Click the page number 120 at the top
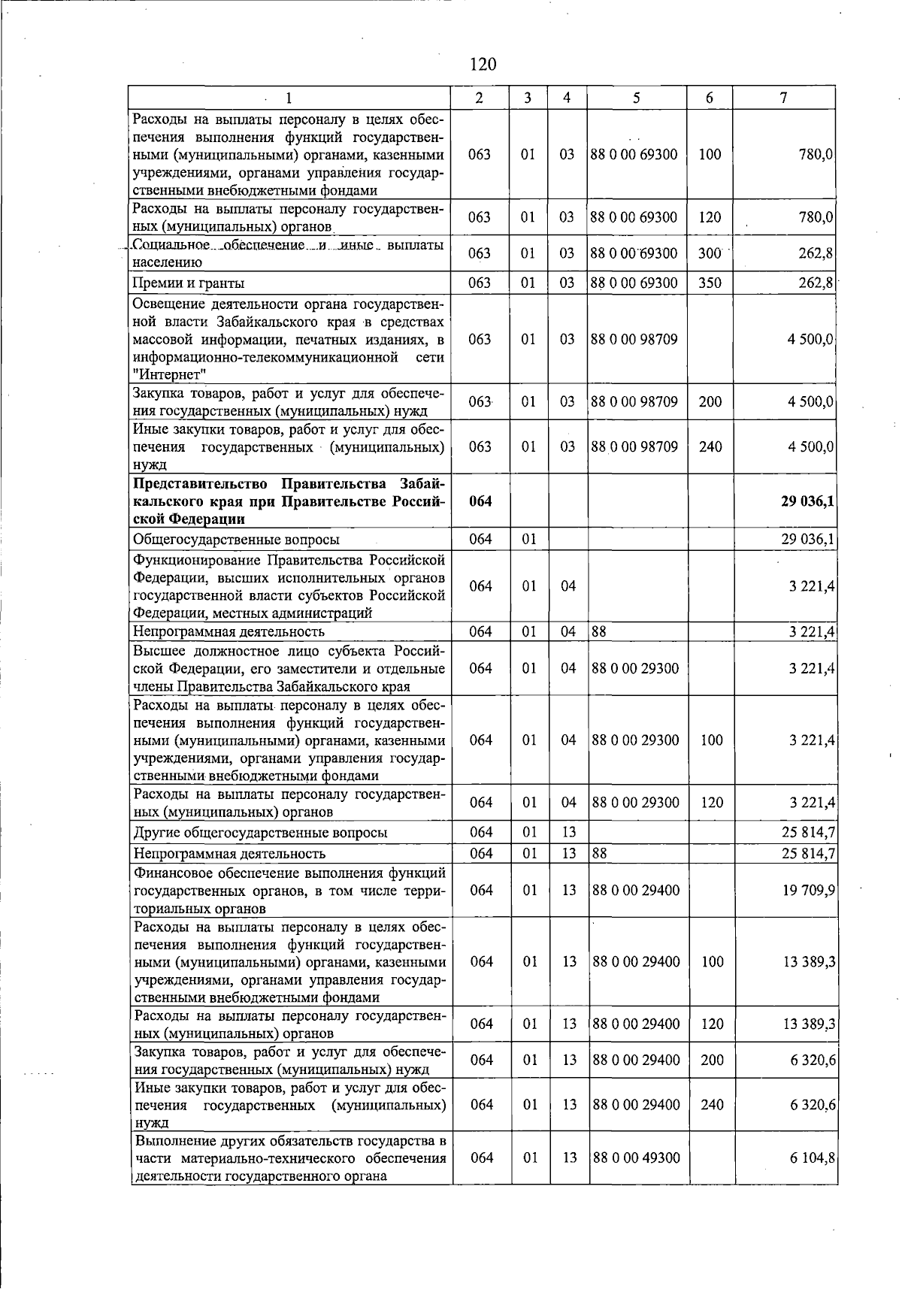(x=483, y=65)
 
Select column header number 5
(x=637, y=98)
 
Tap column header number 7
(x=783, y=98)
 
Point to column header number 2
(x=479, y=98)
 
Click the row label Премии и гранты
(x=188, y=283)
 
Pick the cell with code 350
(x=710, y=283)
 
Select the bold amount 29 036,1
(x=807, y=501)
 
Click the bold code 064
(x=480, y=501)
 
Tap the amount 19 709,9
(x=809, y=891)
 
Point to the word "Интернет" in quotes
(x=169, y=374)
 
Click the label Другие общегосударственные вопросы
(x=260, y=833)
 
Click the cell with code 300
(x=710, y=253)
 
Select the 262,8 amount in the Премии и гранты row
(x=815, y=283)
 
